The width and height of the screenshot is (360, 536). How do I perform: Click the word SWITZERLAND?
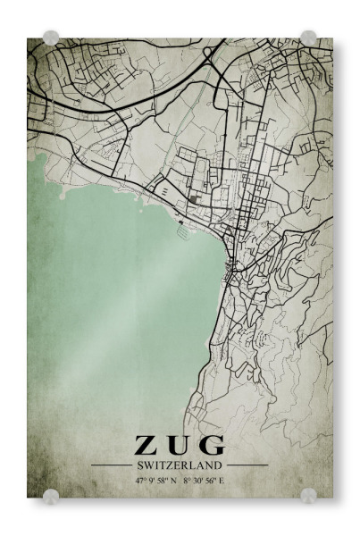[180, 465]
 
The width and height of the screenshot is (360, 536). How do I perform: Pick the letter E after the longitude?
[222, 480]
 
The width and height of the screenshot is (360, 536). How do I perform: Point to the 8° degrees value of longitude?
[187, 480]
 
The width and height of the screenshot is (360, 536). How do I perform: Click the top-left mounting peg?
[51, 38]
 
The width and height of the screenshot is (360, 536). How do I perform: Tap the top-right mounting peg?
[308, 38]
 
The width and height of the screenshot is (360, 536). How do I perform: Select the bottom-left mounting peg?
[51, 496]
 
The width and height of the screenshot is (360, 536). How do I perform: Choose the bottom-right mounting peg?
[308, 496]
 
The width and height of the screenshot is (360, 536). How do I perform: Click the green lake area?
[107, 286]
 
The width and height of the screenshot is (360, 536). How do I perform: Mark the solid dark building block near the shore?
[196, 198]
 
